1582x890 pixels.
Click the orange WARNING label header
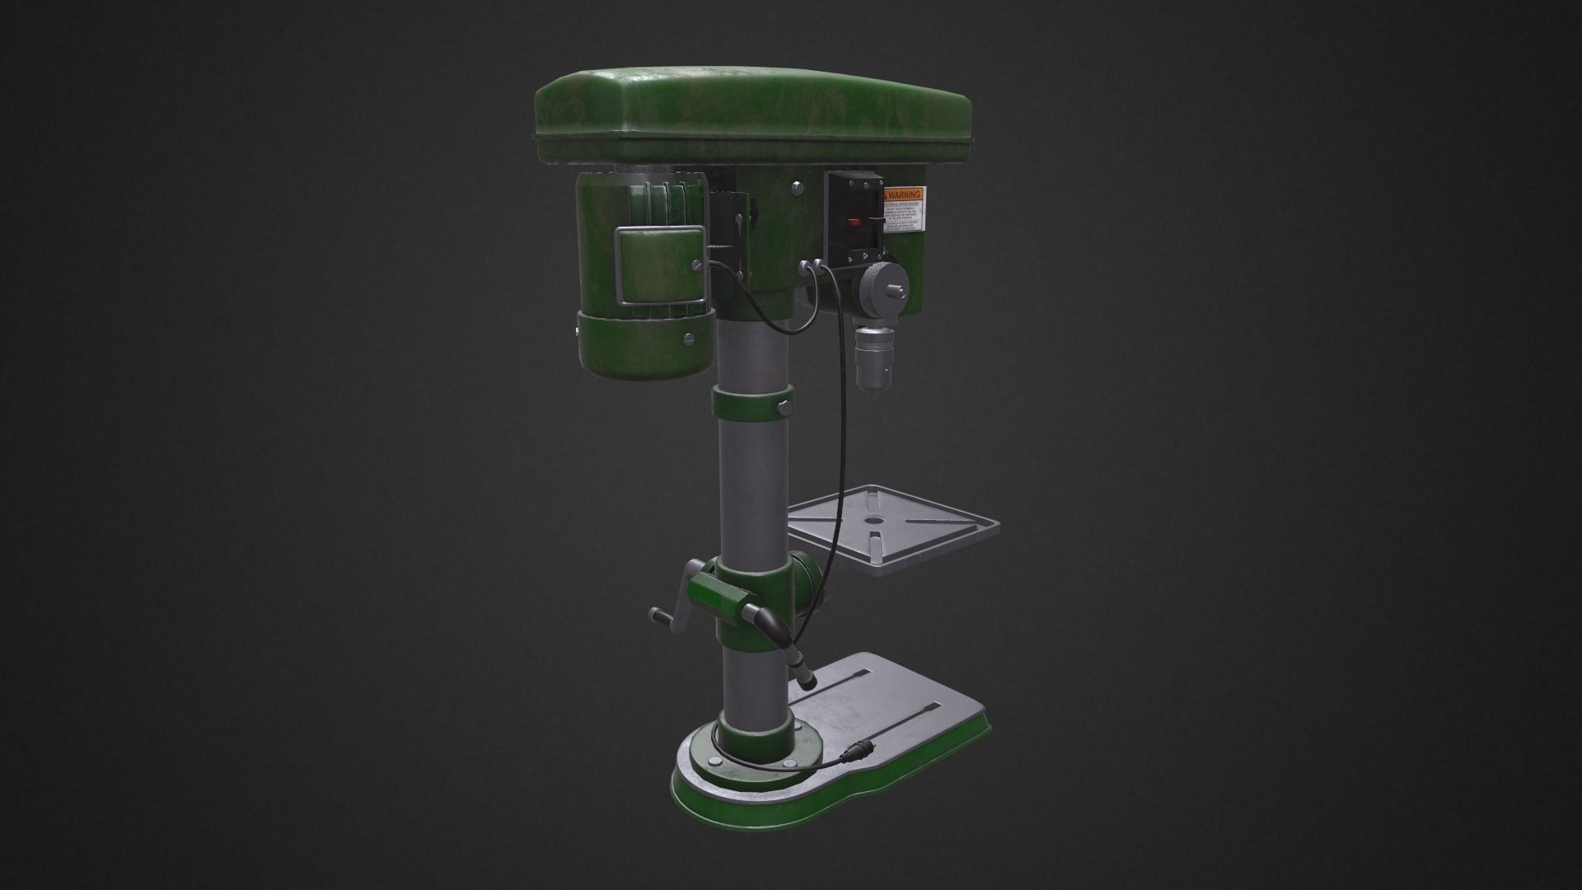point(903,194)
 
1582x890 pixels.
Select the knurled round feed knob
point(877,289)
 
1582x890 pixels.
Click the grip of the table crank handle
point(658,614)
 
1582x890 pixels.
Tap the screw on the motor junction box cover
point(699,265)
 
